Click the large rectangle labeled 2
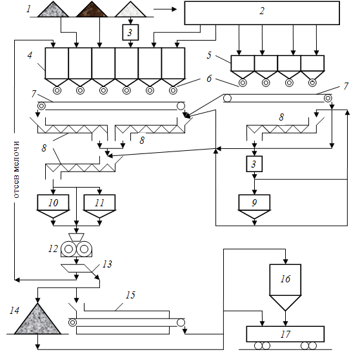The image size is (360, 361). (262, 13)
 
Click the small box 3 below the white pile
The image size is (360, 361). (130, 32)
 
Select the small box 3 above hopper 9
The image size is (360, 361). (254, 164)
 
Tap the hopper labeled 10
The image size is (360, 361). (53, 206)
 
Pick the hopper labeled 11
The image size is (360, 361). (99, 206)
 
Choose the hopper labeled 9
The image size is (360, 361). (254, 206)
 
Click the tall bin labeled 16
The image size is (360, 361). (285, 287)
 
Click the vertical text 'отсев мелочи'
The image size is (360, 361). (16, 170)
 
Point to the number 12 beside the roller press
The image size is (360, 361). (53, 249)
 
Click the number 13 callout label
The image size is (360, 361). (107, 264)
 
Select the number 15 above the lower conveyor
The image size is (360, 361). (130, 295)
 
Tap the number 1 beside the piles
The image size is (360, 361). (28, 9)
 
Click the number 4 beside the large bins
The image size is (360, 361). (30, 55)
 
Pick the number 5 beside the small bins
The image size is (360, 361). (209, 55)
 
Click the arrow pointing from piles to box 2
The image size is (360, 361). (165, 9)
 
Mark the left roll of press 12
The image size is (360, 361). (68, 249)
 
